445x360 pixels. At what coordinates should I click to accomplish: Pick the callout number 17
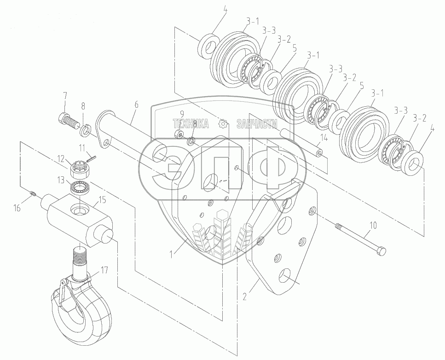105,270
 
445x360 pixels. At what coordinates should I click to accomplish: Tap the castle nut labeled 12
80,168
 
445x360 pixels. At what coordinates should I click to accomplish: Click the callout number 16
17,208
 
